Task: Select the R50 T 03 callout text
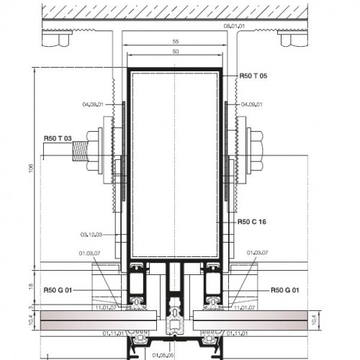coord(57,138)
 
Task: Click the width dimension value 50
coord(175,53)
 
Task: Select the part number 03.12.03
coord(91,234)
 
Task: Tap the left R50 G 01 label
coord(57,290)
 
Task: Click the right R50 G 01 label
coord(286,290)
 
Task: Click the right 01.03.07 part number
coord(257,253)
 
